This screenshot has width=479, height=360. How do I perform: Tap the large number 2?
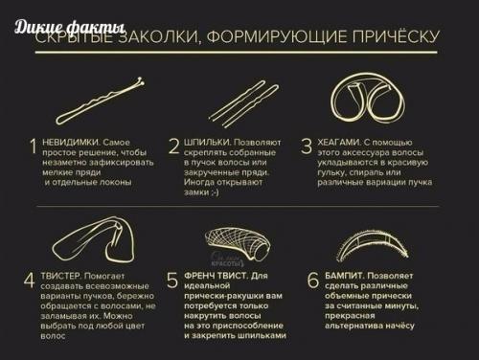(173, 146)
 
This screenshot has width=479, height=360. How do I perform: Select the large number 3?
(307, 146)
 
